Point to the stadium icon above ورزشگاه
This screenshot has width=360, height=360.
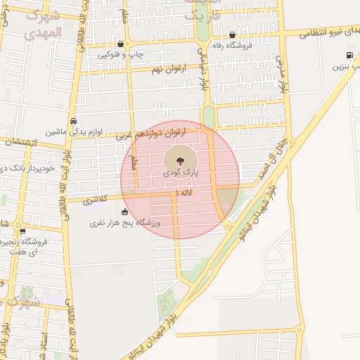pyautogui.click(x=125, y=212)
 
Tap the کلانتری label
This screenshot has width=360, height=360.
pyautogui.click(x=96, y=201)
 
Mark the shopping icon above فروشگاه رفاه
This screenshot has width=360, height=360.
pyautogui.click(x=233, y=34)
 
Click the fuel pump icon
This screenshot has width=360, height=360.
pyautogui.click(x=349, y=55)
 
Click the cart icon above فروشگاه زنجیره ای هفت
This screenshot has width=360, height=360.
pyautogui.click(x=22, y=231)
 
